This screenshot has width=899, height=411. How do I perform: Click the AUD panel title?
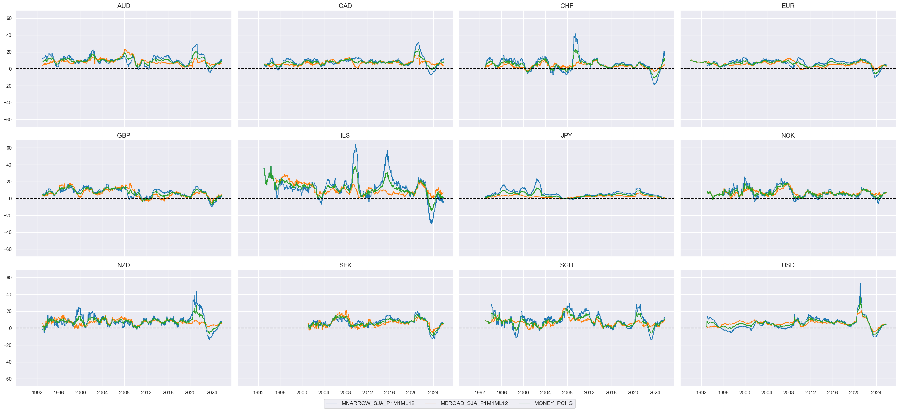pos(124,6)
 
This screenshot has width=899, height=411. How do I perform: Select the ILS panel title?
pos(345,135)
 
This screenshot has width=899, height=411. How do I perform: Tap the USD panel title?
pos(788,265)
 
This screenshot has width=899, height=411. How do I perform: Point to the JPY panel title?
pos(566,135)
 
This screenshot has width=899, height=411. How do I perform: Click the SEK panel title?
pos(345,265)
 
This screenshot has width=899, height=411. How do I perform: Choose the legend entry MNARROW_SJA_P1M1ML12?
pos(377,403)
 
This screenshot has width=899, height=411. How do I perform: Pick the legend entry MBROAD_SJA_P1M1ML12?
pos(474,403)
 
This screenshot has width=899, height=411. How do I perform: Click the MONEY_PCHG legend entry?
pos(553,403)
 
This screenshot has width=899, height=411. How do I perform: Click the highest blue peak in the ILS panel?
pos(355,144)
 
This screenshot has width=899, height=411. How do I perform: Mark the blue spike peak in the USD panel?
pos(860,283)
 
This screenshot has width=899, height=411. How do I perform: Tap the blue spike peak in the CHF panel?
pos(575,34)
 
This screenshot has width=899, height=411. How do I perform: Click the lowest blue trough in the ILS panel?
pos(431,223)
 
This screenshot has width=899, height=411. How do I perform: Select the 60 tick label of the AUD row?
pos(9,18)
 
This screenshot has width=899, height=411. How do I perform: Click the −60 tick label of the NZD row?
pos(8,379)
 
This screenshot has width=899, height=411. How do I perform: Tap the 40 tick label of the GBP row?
pos(9,165)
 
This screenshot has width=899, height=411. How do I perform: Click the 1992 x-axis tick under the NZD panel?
pos(37,392)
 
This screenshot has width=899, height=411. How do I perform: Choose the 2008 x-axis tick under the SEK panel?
pos(346,392)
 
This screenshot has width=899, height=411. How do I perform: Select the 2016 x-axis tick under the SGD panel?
pos(611,392)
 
